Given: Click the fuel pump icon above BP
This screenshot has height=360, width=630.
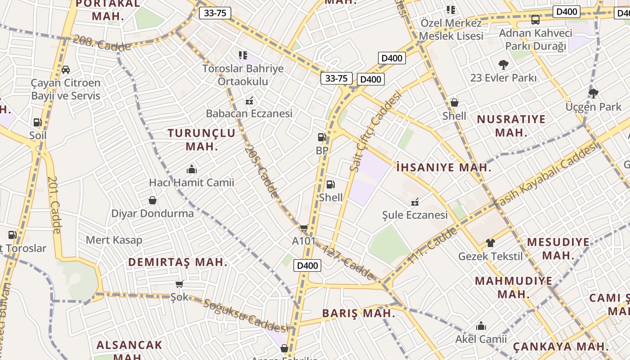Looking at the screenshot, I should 322,137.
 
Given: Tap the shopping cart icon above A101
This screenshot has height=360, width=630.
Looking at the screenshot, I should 304,228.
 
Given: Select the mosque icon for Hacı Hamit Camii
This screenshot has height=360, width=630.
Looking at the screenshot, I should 192,169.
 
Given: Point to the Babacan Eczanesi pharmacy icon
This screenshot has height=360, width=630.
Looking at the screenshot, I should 249,101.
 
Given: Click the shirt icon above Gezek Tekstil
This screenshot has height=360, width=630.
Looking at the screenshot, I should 490,243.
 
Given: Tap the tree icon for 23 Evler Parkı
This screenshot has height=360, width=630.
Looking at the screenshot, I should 503,65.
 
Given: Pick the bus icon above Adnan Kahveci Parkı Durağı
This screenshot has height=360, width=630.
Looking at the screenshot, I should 535,20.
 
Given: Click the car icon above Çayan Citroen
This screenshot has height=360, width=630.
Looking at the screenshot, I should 66,70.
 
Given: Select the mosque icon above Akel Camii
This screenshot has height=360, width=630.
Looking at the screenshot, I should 481,325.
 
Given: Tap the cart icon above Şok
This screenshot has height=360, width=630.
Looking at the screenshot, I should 180,284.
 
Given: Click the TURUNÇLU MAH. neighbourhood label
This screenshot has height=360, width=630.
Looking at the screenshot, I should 202,139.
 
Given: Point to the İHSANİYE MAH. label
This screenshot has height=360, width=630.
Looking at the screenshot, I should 444,168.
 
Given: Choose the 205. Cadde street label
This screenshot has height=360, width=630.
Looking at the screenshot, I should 261,171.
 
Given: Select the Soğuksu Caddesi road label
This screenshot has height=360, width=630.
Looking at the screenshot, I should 245,315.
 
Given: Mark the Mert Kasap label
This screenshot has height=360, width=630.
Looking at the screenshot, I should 114,240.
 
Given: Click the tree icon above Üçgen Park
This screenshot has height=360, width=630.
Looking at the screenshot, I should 593,94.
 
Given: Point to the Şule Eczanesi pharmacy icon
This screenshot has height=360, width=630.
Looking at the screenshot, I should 415,202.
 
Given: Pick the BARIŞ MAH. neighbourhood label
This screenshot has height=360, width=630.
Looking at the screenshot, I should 359,314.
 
